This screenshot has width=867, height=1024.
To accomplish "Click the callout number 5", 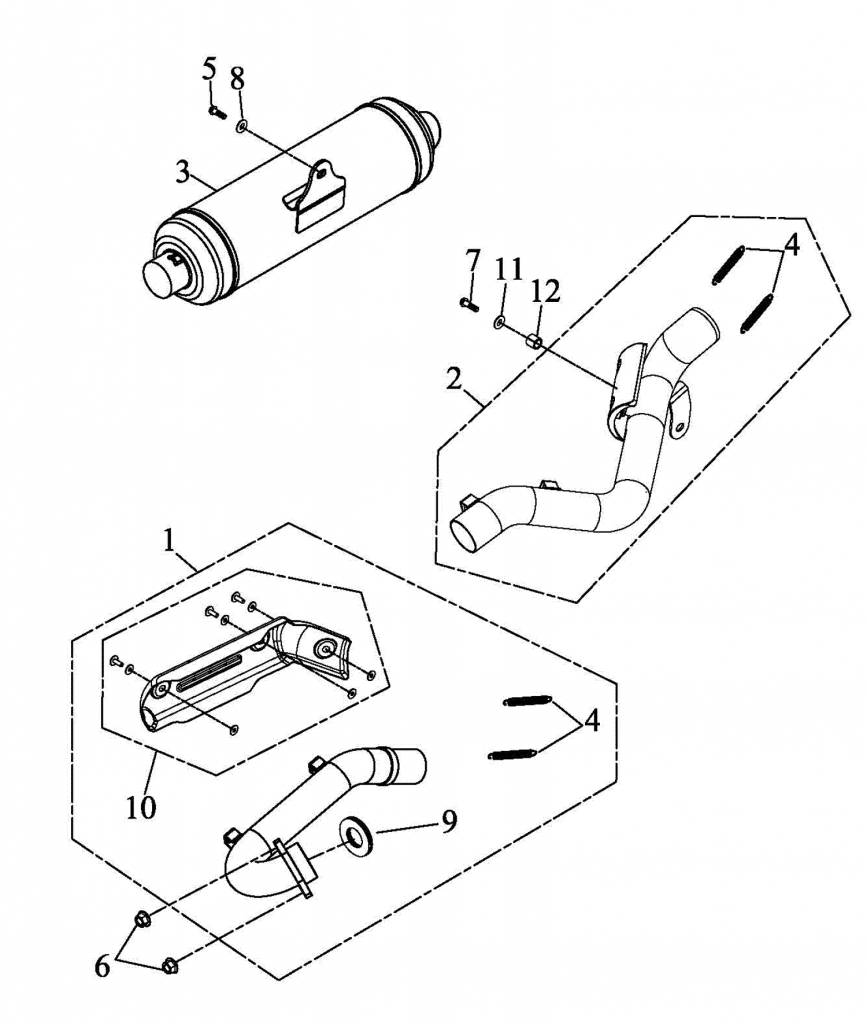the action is [x=208, y=69].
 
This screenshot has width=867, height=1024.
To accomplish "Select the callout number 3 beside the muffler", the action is [x=183, y=173].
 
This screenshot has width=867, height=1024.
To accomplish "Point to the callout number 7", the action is [x=473, y=262].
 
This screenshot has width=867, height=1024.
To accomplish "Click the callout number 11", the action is [x=509, y=270].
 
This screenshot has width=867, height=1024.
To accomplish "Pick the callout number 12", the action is [x=545, y=292].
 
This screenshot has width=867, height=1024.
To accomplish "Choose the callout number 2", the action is [x=454, y=379].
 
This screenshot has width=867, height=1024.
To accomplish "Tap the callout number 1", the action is [x=170, y=541].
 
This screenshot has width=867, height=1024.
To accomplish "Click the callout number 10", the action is [x=142, y=808].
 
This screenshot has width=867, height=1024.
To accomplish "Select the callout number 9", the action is [x=449, y=822].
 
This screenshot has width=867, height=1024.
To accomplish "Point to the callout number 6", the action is [x=102, y=967].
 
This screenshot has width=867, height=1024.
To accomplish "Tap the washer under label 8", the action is [x=242, y=126].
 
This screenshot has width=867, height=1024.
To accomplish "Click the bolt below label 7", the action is [x=469, y=304].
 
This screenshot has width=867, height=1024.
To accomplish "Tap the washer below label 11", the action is [x=500, y=321].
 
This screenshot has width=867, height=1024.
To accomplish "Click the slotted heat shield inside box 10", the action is [x=242, y=673].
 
